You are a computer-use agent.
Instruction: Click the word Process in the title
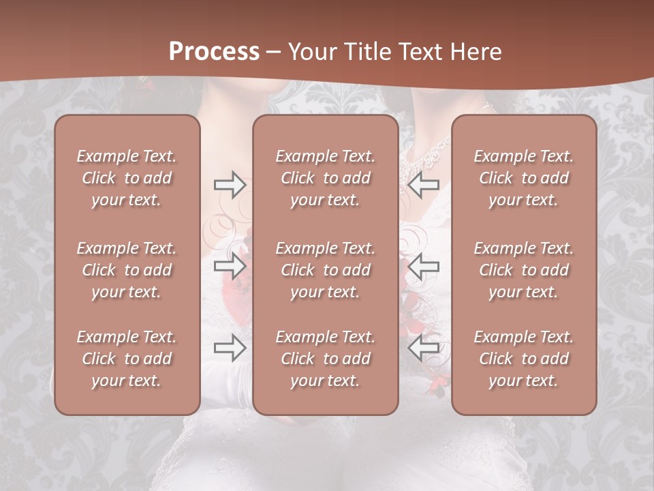click(x=214, y=52)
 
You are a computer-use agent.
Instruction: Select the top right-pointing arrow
click(x=230, y=184)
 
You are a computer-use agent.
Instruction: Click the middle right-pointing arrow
click(x=230, y=266)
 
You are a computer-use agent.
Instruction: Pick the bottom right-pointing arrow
click(x=230, y=348)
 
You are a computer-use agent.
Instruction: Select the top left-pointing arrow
click(x=423, y=184)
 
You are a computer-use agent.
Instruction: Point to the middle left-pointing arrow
click(x=423, y=266)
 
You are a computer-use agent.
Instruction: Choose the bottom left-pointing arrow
click(x=423, y=348)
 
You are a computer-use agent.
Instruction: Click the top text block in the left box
click(x=127, y=178)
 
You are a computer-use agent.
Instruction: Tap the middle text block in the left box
click(x=127, y=270)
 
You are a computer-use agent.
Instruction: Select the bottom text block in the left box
click(x=127, y=359)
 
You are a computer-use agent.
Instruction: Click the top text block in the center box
click(x=325, y=178)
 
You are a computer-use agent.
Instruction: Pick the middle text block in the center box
click(x=325, y=270)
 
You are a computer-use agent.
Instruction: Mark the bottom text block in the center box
click(x=325, y=359)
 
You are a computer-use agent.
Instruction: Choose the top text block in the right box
click(x=523, y=178)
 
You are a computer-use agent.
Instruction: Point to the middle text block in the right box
click(x=523, y=270)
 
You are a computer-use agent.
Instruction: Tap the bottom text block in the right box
click(x=523, y=359)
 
